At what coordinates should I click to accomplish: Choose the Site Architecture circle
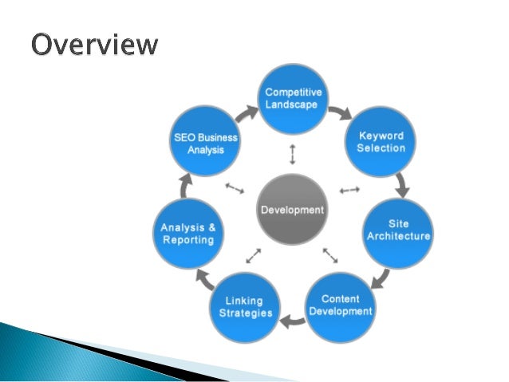pyautogui.click(x=398, y=230)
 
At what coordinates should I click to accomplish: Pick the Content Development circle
pyautogui.click(x=341, y=305)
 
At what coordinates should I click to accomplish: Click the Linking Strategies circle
pyautogui.click(x=246, y=306)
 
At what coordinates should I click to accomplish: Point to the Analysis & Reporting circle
pyautogui.click(x=187, y=232)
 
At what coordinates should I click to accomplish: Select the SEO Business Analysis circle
pyautogui.click(x=207, y=143)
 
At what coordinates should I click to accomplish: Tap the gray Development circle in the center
pyautogui.click(x=293, y=211)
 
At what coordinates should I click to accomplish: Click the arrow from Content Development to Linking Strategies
pyautogui.click(x=294, y=322)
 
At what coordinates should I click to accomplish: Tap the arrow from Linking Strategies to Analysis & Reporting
pyautogui.click(x=204, y=279)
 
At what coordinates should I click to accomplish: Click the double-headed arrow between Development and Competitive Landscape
pyautogui.click(x=292, y=154)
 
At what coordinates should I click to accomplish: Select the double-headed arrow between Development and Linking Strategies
pyautogui.click(x=254, y=255)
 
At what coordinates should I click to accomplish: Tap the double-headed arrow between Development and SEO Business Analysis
pyautogui.click(x=235, y=189)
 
